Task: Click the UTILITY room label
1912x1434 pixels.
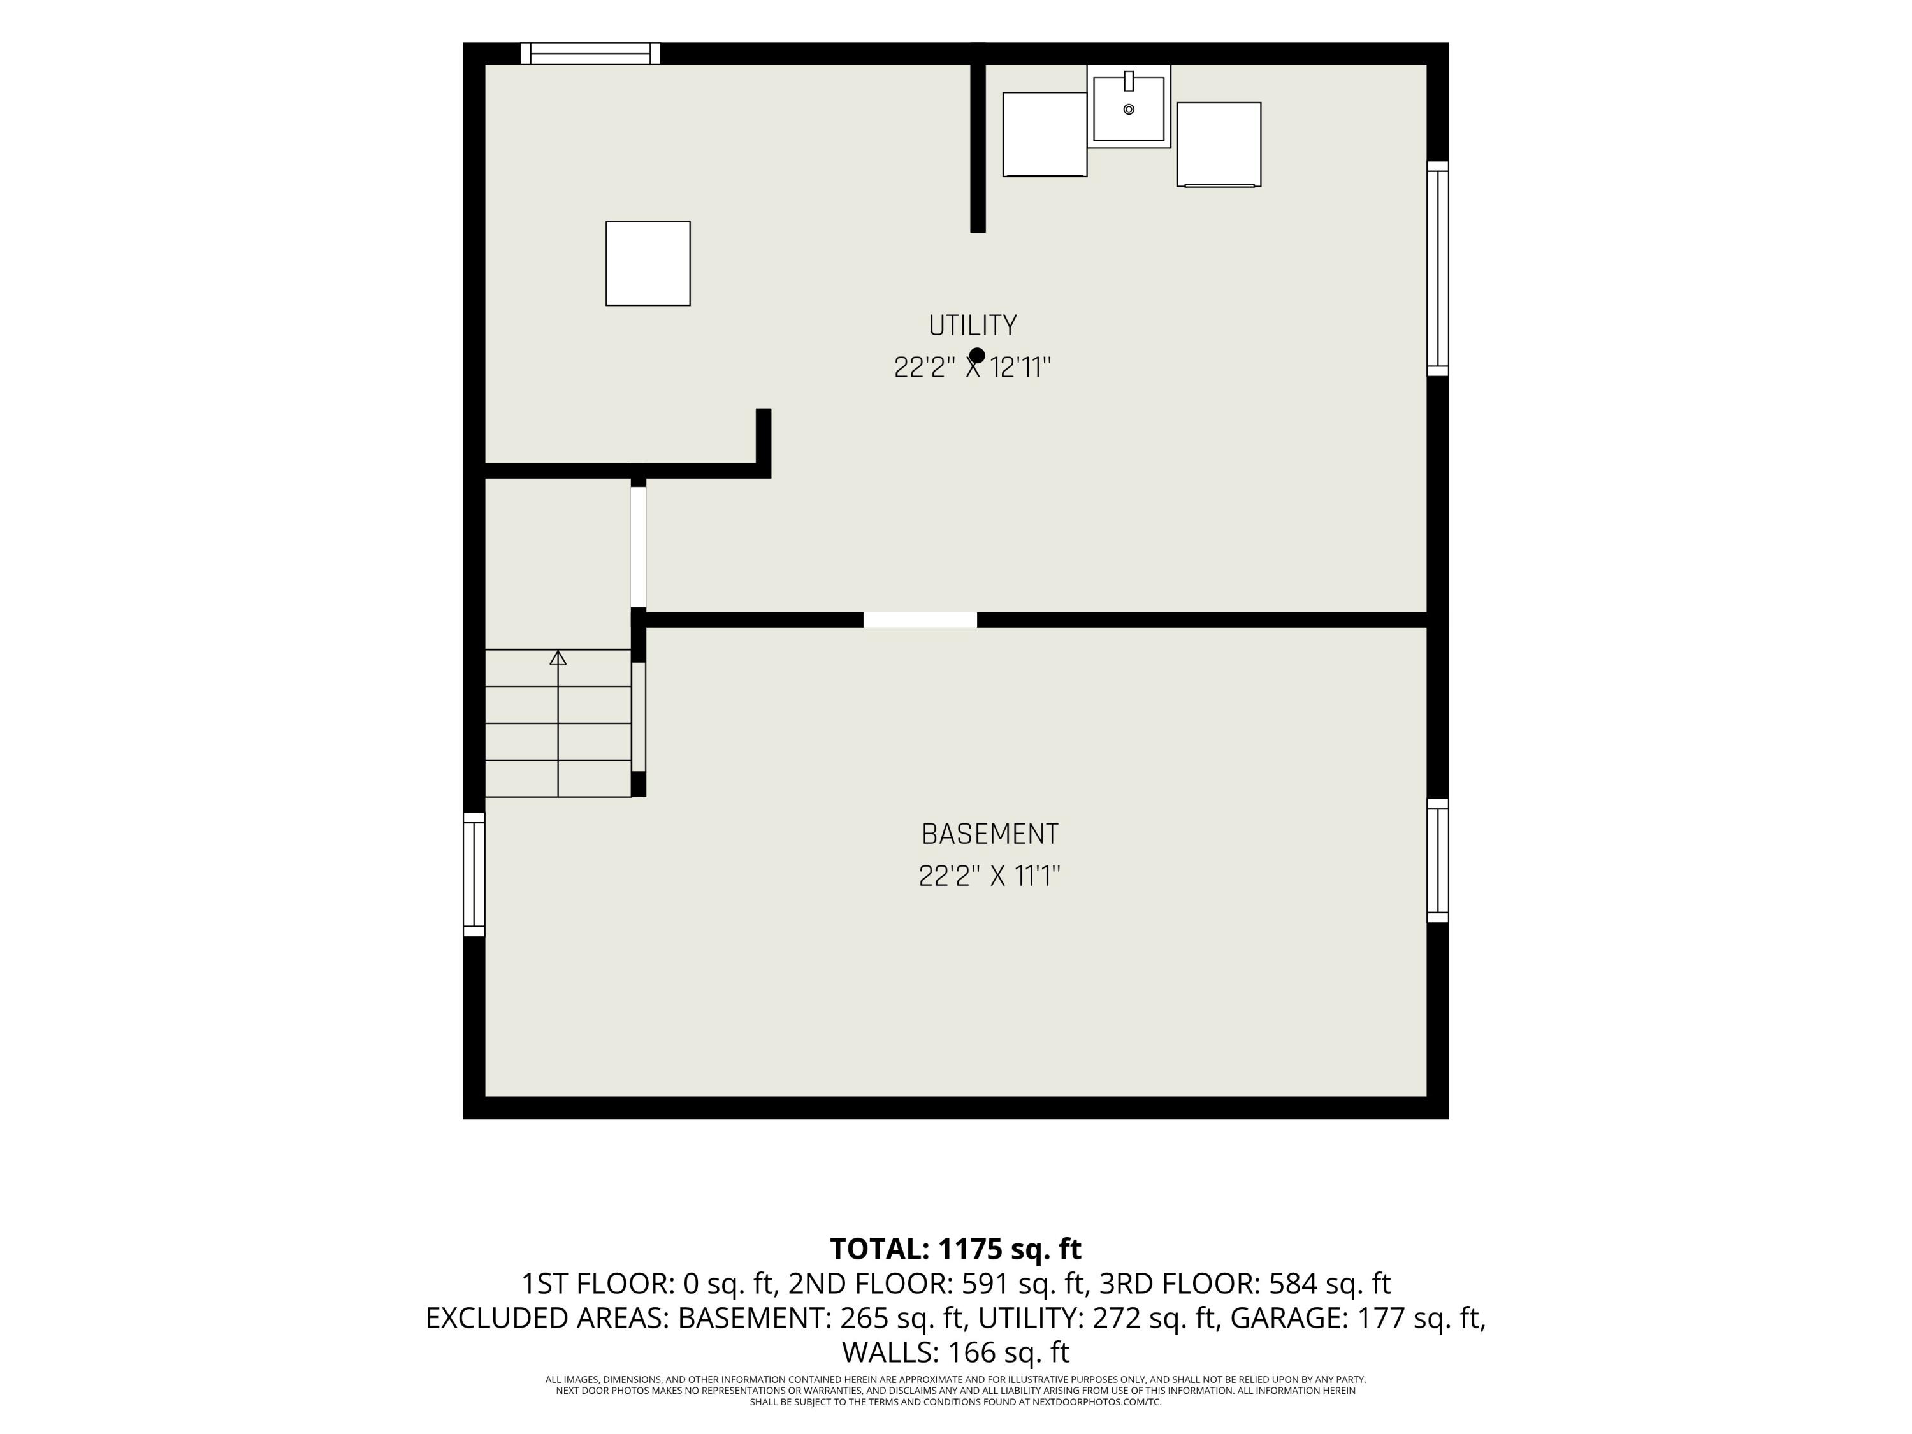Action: [973, 326]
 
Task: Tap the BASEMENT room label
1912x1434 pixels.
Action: [990, 834]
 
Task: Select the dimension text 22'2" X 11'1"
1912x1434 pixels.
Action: [990, 876]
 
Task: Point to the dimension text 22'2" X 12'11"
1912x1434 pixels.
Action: [973, 368]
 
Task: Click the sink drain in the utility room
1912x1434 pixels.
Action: [1129, 109]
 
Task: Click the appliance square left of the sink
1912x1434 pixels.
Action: [1044, 134]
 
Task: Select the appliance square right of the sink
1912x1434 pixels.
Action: [1219, 144]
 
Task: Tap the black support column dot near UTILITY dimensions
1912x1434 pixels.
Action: [978, 355]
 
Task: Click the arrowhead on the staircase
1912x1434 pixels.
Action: [558, 658]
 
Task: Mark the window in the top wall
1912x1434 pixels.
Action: [590, 54]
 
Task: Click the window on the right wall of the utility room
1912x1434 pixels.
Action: [1437, 269]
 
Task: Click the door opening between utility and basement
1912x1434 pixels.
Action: [920, 619]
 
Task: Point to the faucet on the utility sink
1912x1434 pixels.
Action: [1129, 80]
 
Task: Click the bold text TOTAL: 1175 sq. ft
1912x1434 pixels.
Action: [956, 1249]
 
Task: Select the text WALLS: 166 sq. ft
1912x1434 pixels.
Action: [956, 1352]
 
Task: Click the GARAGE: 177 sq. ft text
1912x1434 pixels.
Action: [1356, 1318]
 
